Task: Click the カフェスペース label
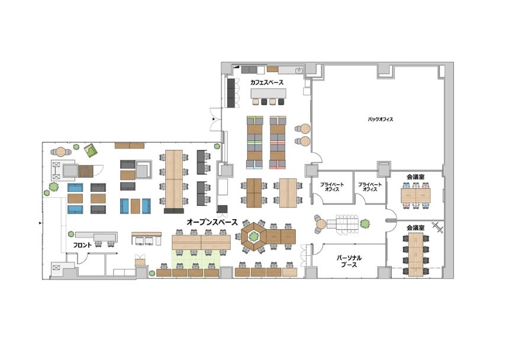tap(266, 82)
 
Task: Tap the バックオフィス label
tap(381, 119)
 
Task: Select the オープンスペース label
tap(212, 223)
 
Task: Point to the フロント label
tap(82, 245)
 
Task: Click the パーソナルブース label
tap(349, 261)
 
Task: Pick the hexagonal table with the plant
tap(253, 236)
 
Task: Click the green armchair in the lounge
tap(91, 150)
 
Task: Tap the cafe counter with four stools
tap(269, 94)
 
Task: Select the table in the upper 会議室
tap(415, 195)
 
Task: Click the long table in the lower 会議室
tap(415, 255)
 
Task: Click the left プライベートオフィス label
tap(332, 187)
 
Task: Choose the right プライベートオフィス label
tap(370, 187)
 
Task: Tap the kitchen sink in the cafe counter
tap(298, 70)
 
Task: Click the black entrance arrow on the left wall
tap(40, 223)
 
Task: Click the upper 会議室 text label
tap(415, 177)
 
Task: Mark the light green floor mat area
tap(196, 259)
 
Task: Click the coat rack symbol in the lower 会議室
tap(437, 227)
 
